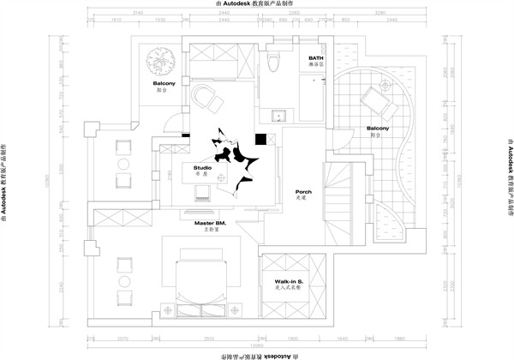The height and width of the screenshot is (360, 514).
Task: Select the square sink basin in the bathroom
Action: click(x=277, y=117)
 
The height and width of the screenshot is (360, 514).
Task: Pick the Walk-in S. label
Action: click(x=287, y=281)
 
